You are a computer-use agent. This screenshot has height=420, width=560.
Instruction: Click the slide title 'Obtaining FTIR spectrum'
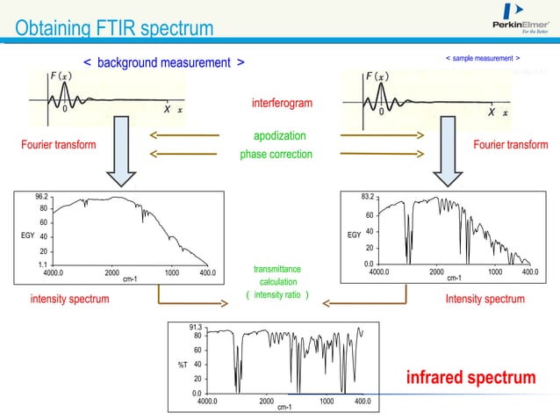click(x=114, y=28)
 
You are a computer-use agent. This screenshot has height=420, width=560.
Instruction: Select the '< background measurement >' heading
click(x=164, y=62)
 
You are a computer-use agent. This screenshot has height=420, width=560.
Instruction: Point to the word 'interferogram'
click(x=281, y=104)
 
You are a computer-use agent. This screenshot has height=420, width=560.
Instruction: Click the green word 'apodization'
click(x=280, y=136)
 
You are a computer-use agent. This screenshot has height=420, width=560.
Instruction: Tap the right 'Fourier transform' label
click(x=509, y=145)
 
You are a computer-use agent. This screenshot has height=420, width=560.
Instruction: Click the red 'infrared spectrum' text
click(x=470, y=378)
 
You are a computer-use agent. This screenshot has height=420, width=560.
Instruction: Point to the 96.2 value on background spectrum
click(x=41, y=197)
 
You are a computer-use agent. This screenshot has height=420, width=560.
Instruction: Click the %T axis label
click(x=176, y=365)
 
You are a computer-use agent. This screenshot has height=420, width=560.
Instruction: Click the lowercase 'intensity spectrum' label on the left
click(x=70, y=299)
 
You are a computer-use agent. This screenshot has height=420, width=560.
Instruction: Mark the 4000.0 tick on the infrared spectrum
click(x=208, y=402)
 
